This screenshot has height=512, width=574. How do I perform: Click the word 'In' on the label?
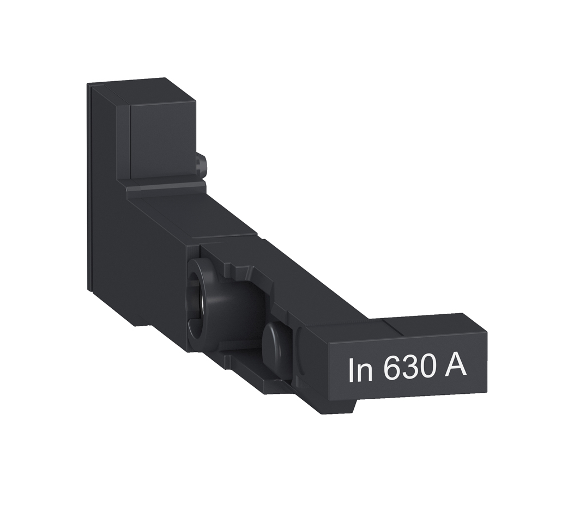360,370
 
